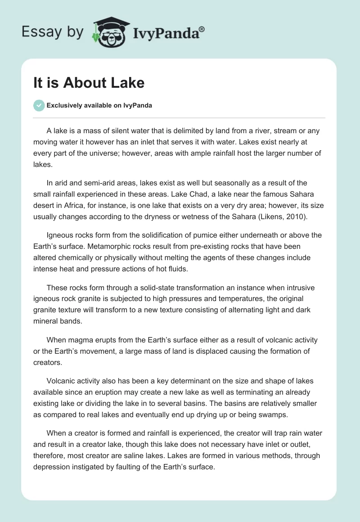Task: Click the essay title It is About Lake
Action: pyautogui.click(x=89, y=83)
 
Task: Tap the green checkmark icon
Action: pyautogui.click(x=39, y=105)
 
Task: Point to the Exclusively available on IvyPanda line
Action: pyautogui.click(x=99, y=106)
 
